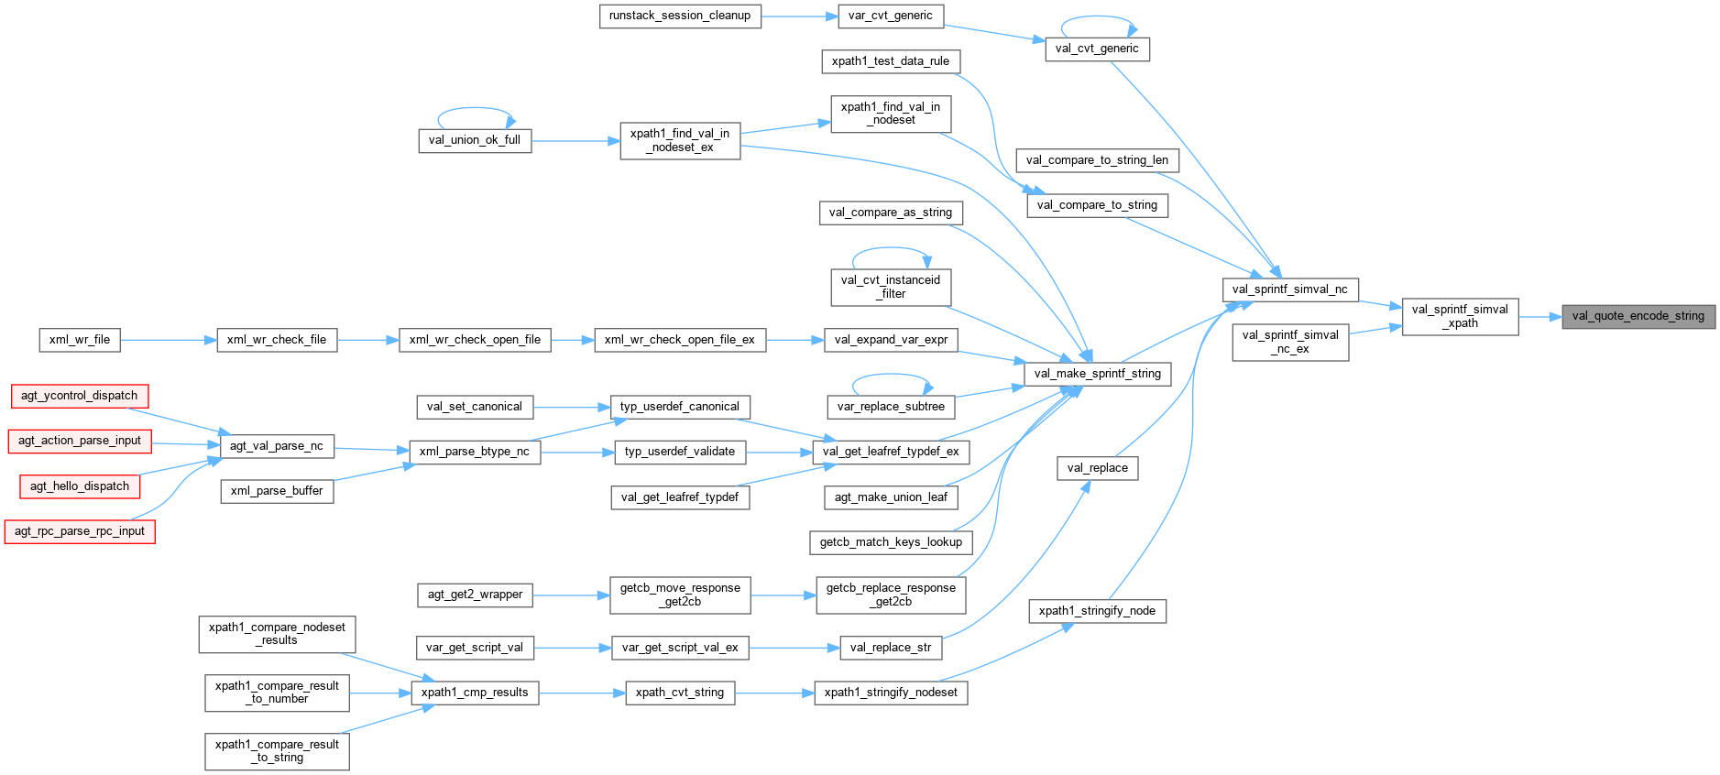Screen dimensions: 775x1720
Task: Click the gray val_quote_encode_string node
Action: [1638, 317]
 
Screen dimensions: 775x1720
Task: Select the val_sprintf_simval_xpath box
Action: [1460, 316]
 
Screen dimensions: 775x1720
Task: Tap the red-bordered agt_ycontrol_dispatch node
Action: [80, 396]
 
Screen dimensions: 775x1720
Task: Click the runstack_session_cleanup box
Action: [680, 16]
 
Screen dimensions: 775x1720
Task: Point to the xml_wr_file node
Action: [80, 340]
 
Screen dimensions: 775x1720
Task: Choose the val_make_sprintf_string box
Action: [1097, 374]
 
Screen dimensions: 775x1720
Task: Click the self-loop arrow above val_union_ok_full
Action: [475, 109]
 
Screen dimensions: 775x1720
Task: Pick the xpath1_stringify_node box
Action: [1097, 611]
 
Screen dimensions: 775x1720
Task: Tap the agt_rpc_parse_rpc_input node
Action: [80, 531]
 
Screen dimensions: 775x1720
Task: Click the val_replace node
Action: [1097, 468]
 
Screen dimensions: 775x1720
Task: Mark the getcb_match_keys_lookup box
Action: [891, 542]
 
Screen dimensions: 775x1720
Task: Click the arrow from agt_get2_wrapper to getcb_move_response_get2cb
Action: [571, 595]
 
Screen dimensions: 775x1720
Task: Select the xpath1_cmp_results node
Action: [475, 693]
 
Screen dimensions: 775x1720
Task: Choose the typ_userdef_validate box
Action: [680, 452]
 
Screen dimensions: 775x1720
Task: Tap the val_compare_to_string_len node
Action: [1097, 160]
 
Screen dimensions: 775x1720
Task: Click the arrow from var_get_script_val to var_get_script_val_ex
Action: [573, 648]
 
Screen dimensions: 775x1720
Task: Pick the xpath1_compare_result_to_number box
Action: [277, 693]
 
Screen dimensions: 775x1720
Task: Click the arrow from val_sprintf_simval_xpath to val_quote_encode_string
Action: [1539, 317]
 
